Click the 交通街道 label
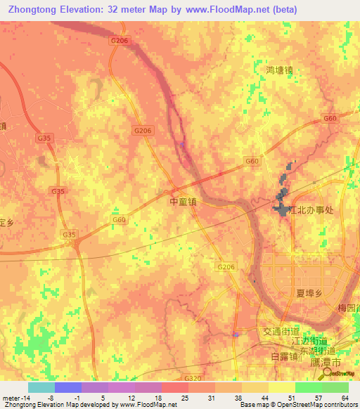point(281,331)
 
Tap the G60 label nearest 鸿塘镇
point(330,119)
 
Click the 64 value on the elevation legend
point(344,398)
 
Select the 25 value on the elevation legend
point(184,398)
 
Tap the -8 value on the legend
point(51,398)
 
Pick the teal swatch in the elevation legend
point(41,387)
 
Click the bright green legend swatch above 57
point(308,387)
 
